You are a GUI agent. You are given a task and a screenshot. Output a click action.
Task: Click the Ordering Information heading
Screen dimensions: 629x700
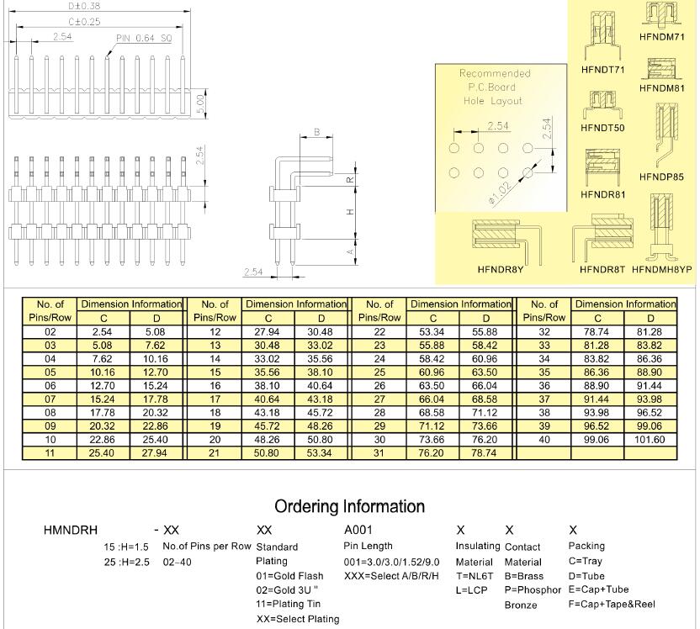349,506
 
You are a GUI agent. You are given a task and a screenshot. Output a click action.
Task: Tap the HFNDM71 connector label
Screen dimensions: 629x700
661,37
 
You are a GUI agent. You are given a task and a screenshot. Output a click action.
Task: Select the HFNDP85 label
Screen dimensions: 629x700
661,177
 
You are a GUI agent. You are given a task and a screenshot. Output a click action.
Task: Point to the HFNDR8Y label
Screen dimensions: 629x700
501,270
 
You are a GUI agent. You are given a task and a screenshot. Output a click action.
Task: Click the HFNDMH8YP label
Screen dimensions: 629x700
661,270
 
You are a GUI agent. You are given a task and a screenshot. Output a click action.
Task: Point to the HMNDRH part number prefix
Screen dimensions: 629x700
71,531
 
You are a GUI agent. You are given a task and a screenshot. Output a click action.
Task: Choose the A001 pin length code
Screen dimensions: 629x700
358,531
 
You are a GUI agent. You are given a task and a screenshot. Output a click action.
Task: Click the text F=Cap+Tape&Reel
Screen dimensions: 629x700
612,604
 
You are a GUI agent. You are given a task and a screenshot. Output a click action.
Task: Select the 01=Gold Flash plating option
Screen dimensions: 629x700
289,575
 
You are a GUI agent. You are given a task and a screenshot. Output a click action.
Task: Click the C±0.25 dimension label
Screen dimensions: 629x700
84,21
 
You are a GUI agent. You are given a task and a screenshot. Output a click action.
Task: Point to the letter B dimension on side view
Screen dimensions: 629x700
316,132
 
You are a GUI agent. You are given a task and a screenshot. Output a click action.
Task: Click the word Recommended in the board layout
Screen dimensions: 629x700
495,73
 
